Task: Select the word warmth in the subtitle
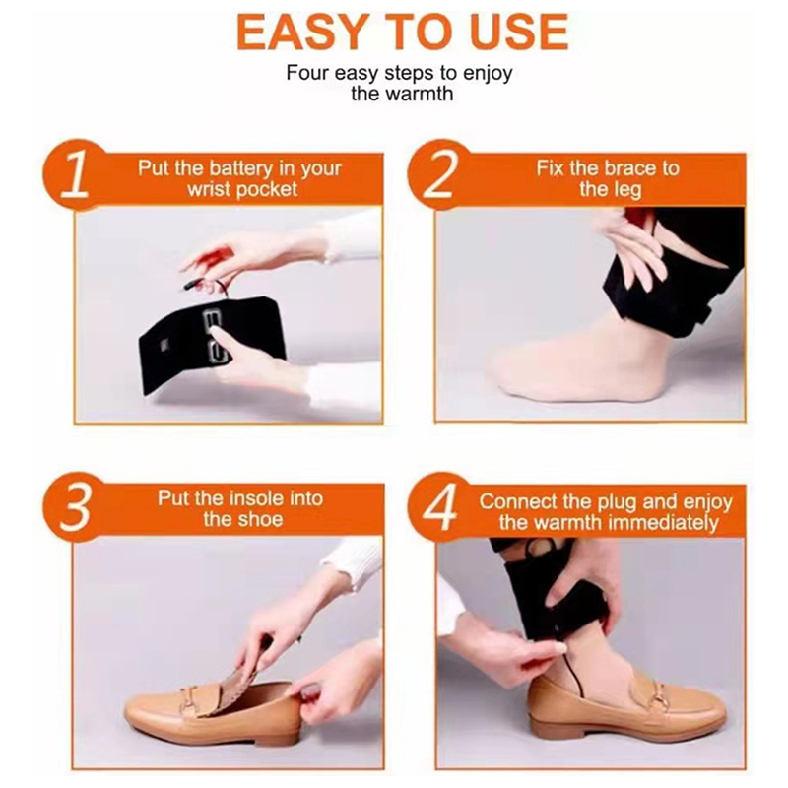click(x=420, y=94)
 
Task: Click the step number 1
click(x=75, y=175)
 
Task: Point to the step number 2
click(x=440, y=174)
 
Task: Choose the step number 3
click(x=77, y=506)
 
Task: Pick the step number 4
click(x=440, y=506)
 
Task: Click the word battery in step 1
click(x=241, y=168)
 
